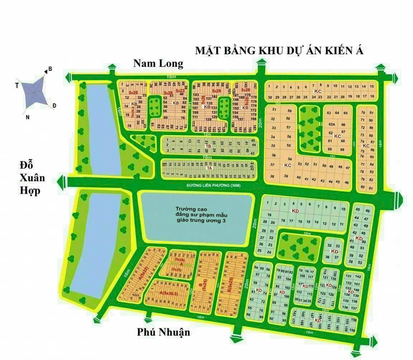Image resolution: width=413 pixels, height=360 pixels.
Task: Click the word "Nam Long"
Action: click(158, 64)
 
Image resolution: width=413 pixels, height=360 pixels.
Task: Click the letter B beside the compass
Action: click(50, 69)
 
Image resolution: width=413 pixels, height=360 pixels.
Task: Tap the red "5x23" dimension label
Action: click(180, 91)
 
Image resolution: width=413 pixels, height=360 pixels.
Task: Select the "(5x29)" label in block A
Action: click(176, 270)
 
